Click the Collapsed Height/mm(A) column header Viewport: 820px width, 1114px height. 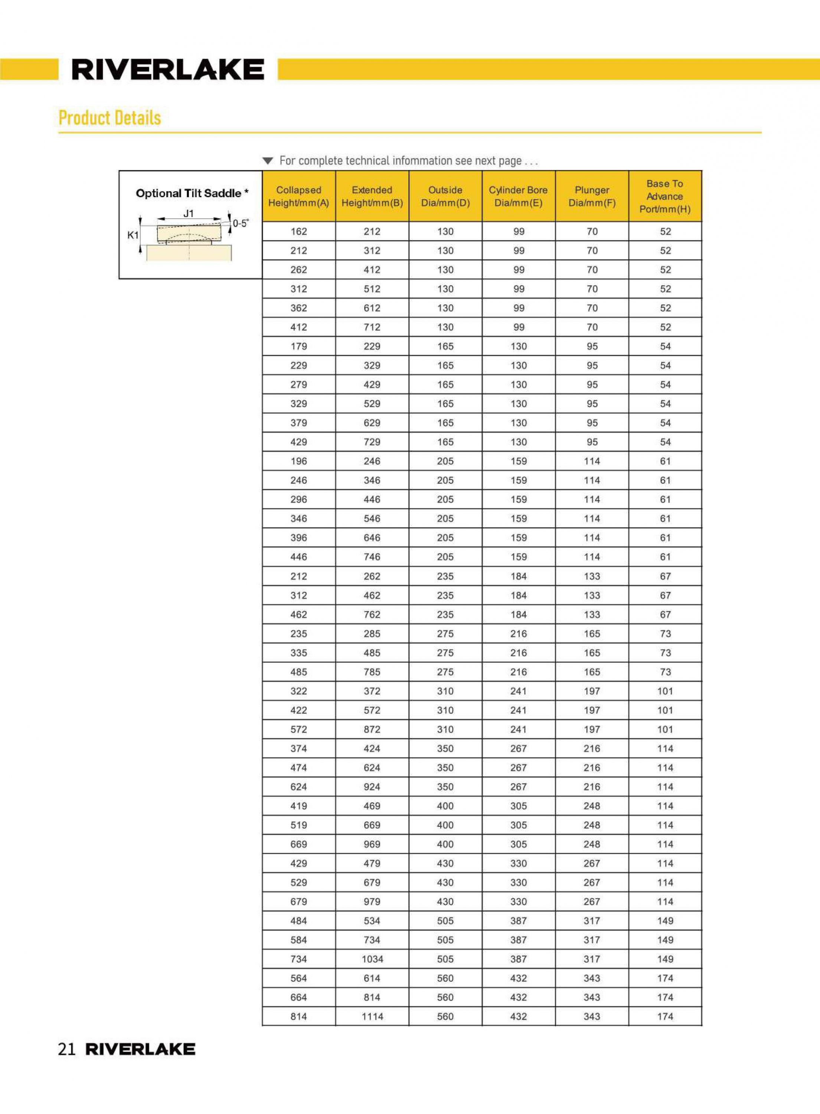(x=298, y=196)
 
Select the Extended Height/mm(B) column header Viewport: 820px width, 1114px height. (x=372, y=196)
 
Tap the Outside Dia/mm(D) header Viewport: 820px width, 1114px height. (x=445, y=196)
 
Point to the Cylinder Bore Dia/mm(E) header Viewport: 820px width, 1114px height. (x=518, y=196)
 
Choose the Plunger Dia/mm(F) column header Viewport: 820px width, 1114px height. (x=592, y=196)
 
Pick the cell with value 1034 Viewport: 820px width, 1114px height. (x=372, y=959)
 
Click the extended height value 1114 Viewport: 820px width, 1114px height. (x=372, y=1016)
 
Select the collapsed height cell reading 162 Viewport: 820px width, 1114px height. (x=299, y=231)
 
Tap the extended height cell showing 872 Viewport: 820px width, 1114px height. (x=372, y=729)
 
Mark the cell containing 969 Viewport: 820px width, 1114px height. (x=372, y=844)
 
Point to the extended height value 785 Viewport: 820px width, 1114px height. (x=372, y=672)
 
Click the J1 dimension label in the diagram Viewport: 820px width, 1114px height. (x=189, y=214)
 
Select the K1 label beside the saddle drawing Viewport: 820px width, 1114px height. (x=133, y=235)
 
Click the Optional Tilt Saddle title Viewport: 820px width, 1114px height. (x=192, y=193)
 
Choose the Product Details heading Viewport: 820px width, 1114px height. (x=110, y=118)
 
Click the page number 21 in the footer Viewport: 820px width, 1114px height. (x=66, y=1049)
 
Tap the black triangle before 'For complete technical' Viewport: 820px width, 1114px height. (x=268, y=161)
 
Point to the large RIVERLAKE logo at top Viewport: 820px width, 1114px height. (x=168, y=69)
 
